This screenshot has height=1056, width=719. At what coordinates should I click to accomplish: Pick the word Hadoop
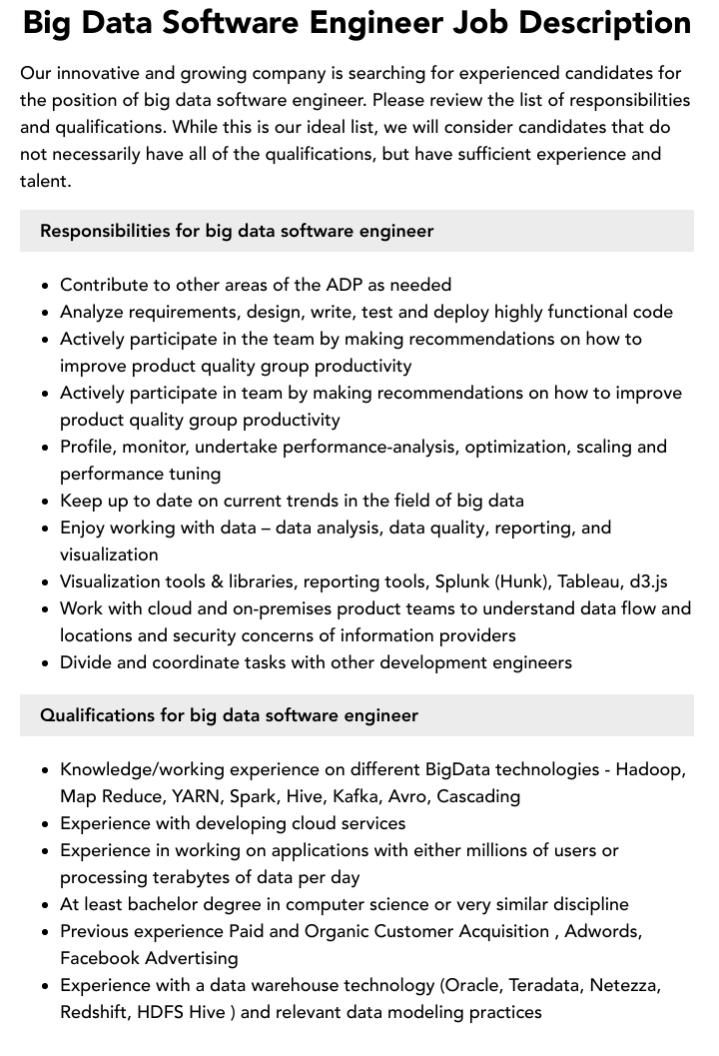(650, 769)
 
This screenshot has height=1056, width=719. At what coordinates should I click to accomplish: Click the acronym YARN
(196, 796)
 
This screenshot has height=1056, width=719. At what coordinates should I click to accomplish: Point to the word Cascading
(478, 796)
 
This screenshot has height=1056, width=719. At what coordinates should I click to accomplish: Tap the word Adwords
(602, 931)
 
